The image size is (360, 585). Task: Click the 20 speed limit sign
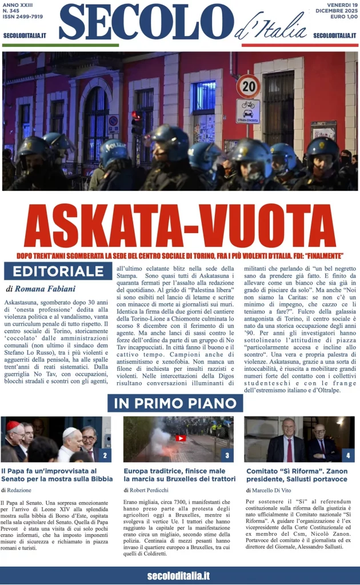[x=248, y=86]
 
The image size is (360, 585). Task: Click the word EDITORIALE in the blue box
[x=54, y=271]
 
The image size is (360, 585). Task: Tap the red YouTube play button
[x=181, y=438]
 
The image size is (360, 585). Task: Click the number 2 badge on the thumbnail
[x=105, y=455]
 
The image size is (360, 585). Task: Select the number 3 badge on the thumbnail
[x=227, y=455]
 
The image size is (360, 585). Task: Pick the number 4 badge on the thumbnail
[x=347, y=455]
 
